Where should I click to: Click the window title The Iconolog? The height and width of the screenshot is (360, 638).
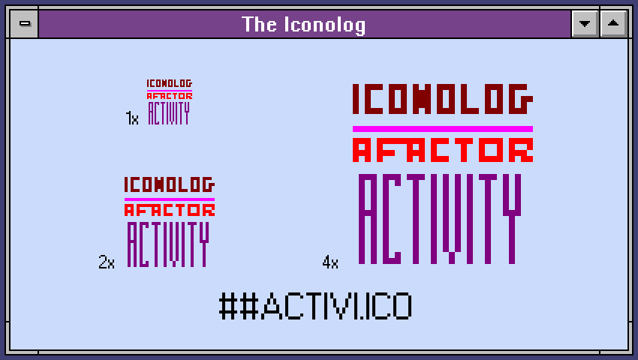[x=303, y=25]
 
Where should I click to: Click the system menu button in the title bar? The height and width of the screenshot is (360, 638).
[x=25, y=23]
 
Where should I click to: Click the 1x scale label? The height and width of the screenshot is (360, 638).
[x=132, y=118]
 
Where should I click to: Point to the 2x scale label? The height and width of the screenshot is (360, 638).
[x=107, y=262]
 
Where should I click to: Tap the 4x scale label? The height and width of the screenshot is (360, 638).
[x=330, y=262]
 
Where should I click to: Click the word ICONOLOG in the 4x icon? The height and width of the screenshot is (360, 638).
[x=443, y=99]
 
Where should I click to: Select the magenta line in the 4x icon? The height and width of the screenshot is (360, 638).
[x=443, y=129]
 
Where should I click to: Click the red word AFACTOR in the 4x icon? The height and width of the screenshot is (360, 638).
[x=443, y=150]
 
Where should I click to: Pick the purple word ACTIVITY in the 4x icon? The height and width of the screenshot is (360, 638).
[x=440, y=219]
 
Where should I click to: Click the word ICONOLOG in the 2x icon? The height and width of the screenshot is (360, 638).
[x=170, y=184]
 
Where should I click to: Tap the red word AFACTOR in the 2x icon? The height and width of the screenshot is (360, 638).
[x=170, y=210]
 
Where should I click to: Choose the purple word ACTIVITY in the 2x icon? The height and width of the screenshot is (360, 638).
[x=168, y=244]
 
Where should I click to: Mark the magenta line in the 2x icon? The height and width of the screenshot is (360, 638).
[x=170, y=199]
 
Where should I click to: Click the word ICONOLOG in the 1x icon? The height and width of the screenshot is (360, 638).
[x=170, y=83]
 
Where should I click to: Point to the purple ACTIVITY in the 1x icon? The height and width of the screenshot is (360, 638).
[x=169, y=113]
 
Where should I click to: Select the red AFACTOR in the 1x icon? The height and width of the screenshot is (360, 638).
[x=170, y=96]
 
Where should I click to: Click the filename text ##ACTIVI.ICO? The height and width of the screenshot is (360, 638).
[x=316, y=306]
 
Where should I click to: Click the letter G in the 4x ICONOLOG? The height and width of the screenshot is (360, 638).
[x=521, y=99]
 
